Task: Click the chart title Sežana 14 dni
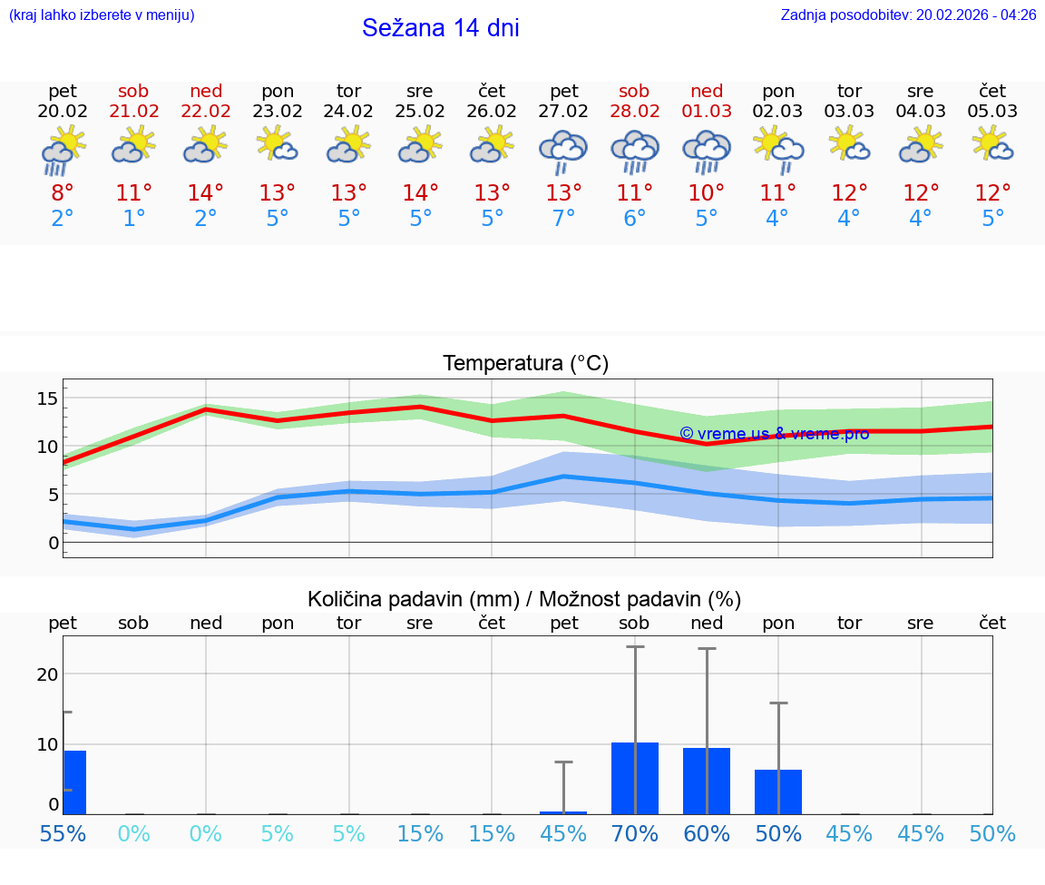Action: tap(440, 28)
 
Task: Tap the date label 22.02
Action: tap(206, 112)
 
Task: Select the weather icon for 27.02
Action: tap(563, 150)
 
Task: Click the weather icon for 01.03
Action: tap(707, 150)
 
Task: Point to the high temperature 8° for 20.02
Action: tap(63, 193)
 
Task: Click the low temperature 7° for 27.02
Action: tap(563, 219)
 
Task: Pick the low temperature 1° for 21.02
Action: tap(134, 219)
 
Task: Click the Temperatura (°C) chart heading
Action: tap(525, 364)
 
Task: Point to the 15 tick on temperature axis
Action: tap(47, 398)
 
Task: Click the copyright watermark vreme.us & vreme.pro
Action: tap(774, 434)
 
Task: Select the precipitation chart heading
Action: tap(524, 599)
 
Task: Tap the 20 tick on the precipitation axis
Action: tap(47, 674)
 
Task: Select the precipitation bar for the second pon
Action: tap(778, 792)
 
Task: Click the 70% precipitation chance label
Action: tap(635, 833)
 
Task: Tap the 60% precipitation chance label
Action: tap(707, 833)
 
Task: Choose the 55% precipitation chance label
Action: tap(63, 833)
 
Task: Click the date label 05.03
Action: tap(992, 112)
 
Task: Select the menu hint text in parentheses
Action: tap(102, 15)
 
